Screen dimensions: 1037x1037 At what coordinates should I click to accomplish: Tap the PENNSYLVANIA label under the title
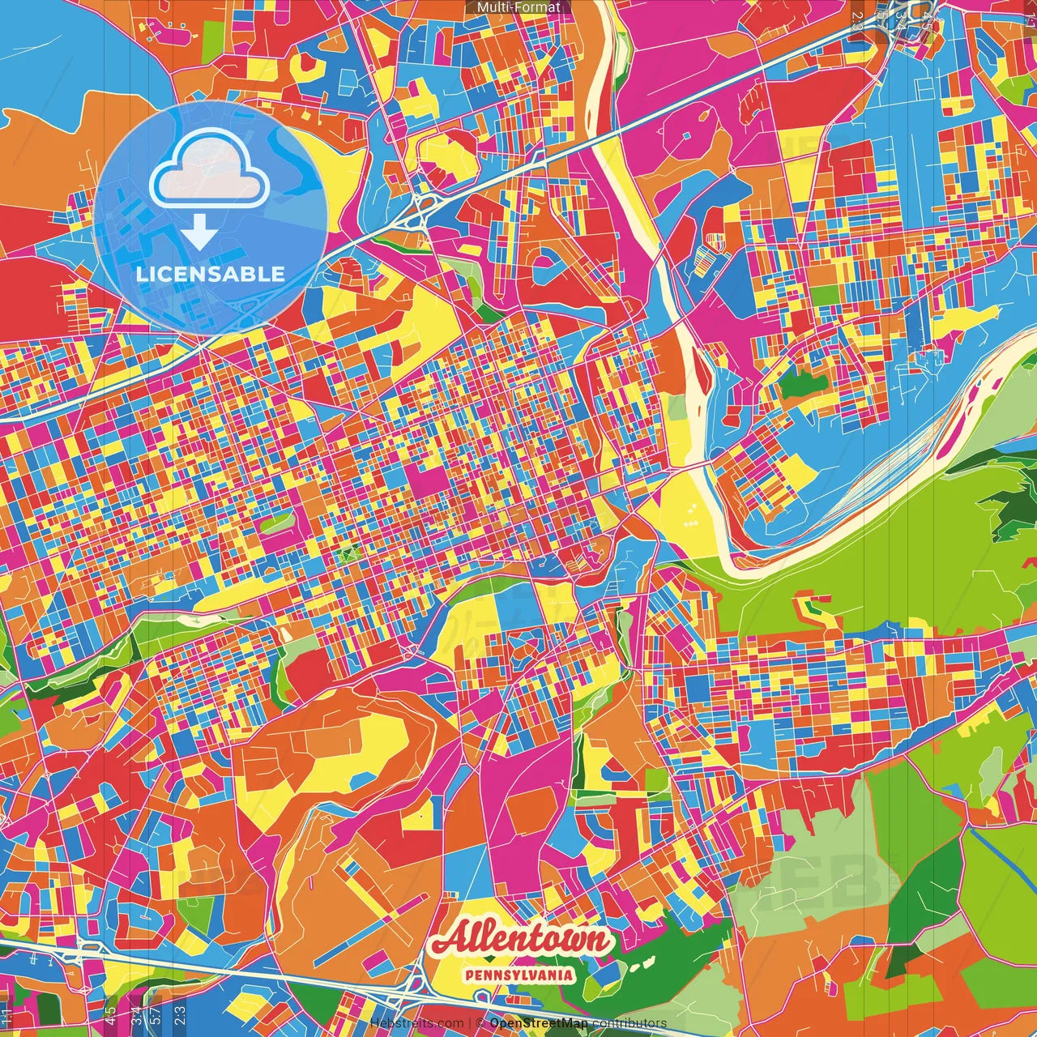[519, 975]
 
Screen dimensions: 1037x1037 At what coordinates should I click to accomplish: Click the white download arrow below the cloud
[198, 233]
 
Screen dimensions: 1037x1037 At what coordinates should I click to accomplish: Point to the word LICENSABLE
[211, 274]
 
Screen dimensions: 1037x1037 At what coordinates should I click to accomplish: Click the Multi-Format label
[518, 7]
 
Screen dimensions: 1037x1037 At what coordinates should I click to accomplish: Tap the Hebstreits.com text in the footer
[417, 1023]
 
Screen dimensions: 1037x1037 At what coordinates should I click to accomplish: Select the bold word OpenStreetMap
[539, 1023]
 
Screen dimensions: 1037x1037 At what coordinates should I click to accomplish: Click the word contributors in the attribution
[629, 1023]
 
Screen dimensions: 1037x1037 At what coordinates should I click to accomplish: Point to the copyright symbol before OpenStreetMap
[480, 1023]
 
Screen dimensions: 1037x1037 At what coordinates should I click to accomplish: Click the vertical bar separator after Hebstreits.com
[470, 1023]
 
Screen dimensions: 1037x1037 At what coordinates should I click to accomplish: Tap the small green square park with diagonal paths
[349, 555]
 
